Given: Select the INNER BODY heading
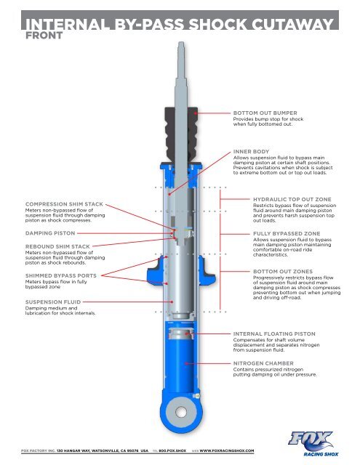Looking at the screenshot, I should (252, 151).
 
